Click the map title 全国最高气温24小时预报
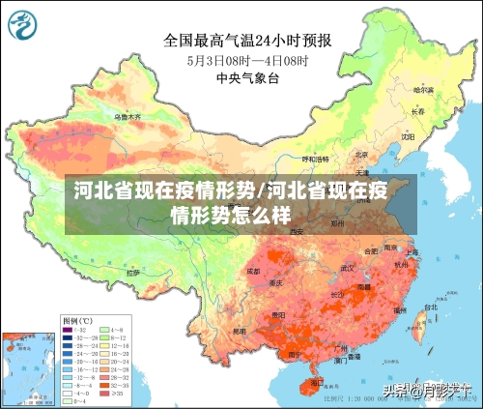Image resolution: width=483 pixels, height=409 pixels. (247, 41)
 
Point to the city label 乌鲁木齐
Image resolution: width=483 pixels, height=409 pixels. (127, 116)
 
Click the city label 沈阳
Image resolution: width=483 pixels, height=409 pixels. (410, 136)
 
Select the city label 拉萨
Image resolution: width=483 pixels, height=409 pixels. (130, 274)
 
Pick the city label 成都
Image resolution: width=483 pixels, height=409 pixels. (253, 272)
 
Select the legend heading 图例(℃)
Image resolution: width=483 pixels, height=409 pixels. (77, 319)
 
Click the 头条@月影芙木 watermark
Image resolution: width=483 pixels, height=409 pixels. (429, 391)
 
